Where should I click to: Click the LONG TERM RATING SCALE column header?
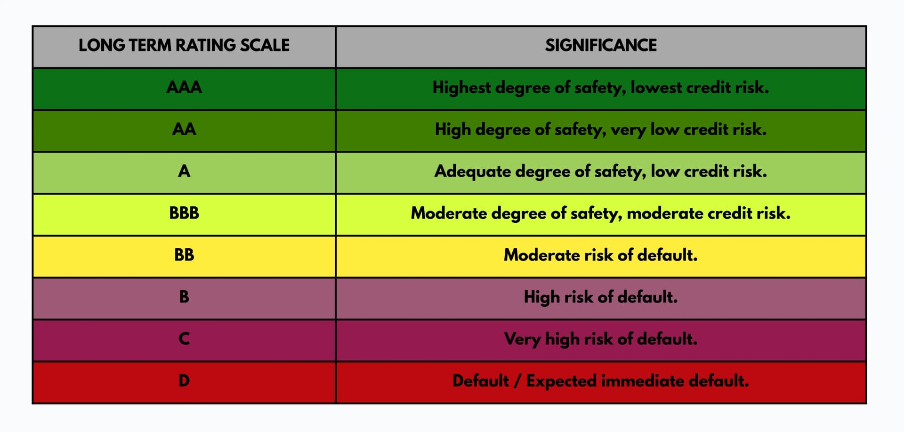tap(184, 45)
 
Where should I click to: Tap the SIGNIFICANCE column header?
tap(601, 45)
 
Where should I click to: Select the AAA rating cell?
tap(184, 87)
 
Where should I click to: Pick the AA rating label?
tap(184, 129)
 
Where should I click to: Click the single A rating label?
tap(184, 171)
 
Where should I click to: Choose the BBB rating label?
tap(184, 213)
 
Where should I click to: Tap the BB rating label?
tap(184, 255)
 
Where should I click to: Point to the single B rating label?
tap(184, 297)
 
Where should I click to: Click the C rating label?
tap(184, 339)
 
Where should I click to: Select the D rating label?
tap(184, 381)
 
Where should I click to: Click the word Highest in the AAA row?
tap(461, 88)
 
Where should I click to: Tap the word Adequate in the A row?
tap(472, 171)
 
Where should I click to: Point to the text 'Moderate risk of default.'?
tap(601, 255)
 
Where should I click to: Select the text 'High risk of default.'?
tap(601, 297)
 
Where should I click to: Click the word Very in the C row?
tap(522, 339)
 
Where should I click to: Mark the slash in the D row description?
tap(517, 381)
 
